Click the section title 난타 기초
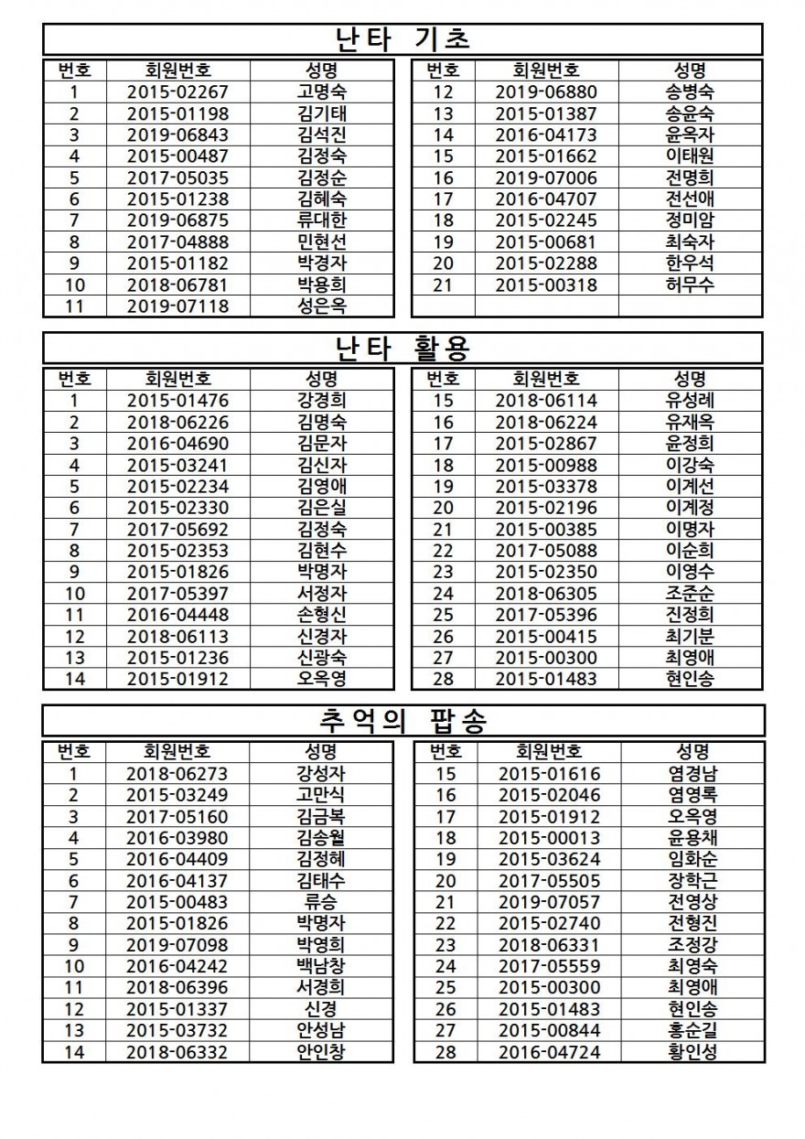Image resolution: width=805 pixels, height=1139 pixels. [402, 39]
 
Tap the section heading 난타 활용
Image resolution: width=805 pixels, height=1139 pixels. [402, 349]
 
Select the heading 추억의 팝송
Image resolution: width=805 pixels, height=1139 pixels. [402, 722]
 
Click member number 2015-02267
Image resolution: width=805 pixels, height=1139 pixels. [177, 91]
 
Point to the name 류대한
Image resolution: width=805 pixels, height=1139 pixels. [322, 220]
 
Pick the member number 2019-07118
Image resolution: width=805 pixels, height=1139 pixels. [177, 306]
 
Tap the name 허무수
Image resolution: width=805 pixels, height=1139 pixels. [691, 285]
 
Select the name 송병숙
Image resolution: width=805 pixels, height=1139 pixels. [691, 91]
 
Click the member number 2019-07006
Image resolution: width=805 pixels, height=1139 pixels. [546, 177]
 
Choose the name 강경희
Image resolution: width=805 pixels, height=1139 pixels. [322, 401]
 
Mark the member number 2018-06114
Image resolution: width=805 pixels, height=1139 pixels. [546, 401]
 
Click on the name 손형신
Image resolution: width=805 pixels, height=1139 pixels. [322, 615]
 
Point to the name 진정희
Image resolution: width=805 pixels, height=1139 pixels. [691, 615]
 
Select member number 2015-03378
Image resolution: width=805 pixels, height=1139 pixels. [546, 486]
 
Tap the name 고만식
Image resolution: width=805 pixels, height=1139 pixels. [322, 795]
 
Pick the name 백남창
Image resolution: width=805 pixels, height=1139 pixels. [322, 966]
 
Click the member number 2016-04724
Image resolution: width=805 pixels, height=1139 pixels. [549, 1052]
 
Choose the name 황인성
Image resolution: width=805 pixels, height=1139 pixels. [692, 1052]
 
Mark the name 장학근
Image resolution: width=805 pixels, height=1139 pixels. [692, 881]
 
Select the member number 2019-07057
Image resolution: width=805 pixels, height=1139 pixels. [549, 902]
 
